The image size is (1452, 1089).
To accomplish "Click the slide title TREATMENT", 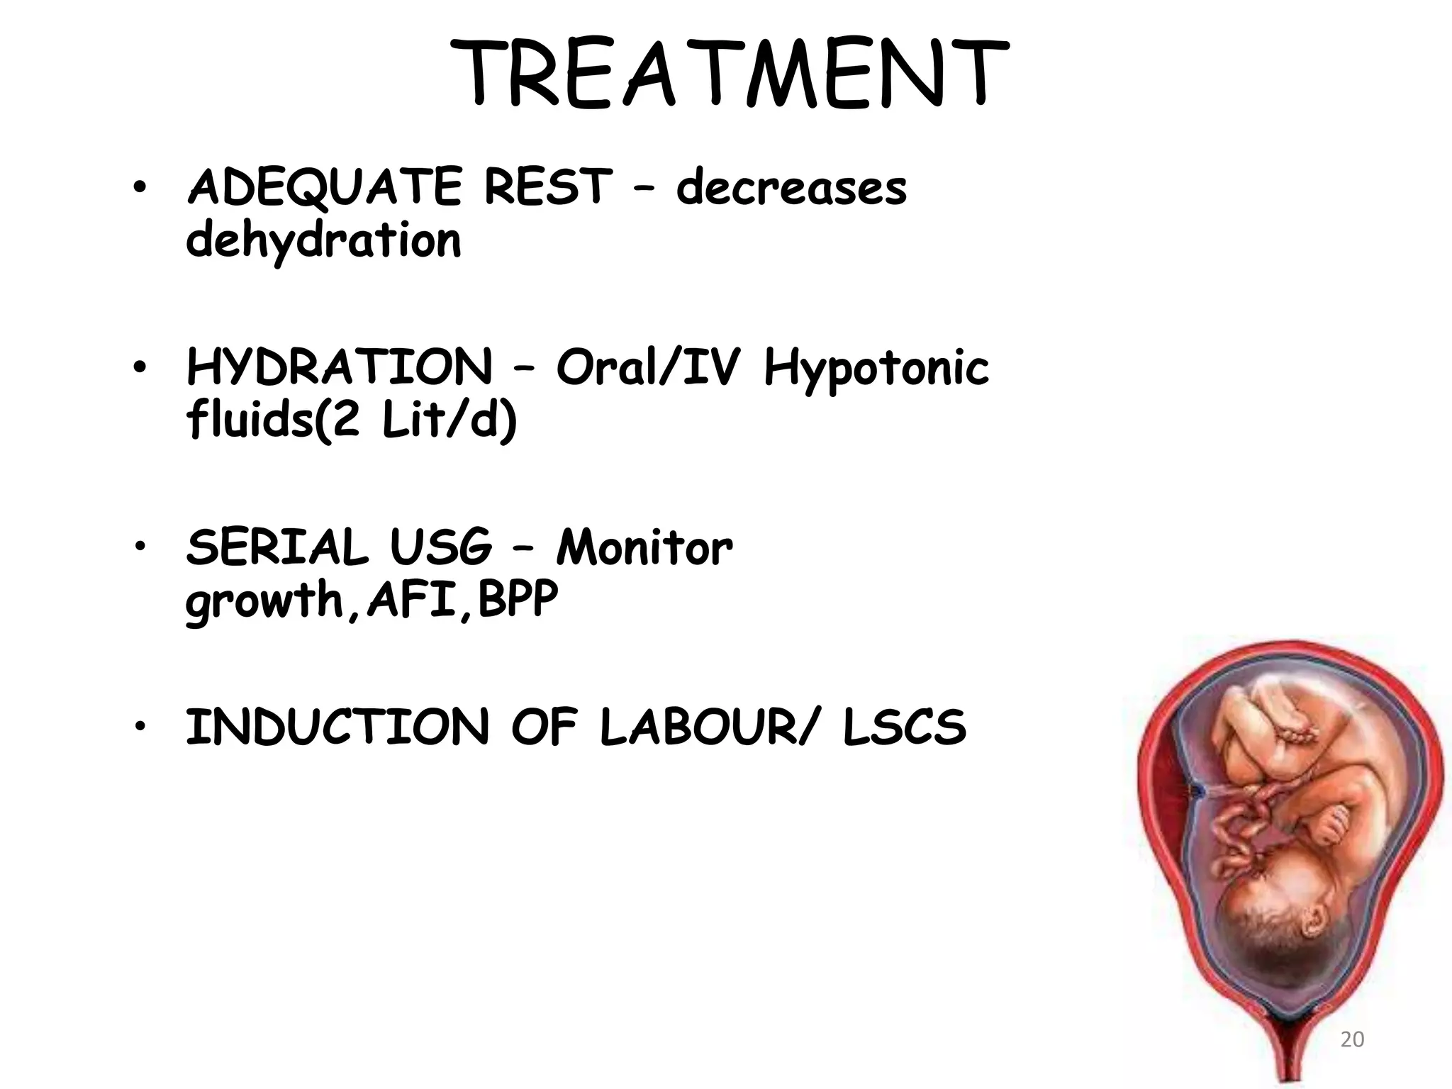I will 728,74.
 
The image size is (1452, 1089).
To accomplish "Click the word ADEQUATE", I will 324,187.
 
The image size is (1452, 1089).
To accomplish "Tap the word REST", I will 547,187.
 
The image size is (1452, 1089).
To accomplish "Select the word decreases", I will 791,187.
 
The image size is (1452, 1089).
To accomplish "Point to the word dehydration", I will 323,240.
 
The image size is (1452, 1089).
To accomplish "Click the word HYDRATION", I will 339,367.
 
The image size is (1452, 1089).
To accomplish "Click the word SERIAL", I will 277,548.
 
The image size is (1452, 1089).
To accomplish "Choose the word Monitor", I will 644,548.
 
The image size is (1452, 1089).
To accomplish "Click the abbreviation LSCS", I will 905,728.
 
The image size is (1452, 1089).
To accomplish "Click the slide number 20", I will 1352,1039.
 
